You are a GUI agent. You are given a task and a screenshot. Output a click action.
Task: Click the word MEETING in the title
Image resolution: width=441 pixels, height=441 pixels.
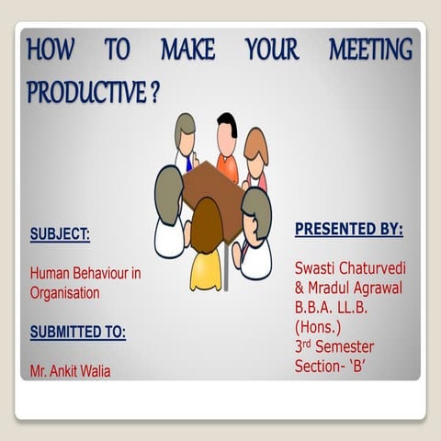(x=370, y=50)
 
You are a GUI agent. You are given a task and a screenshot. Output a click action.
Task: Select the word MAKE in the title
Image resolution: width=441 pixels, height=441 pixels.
(x=187, y=50)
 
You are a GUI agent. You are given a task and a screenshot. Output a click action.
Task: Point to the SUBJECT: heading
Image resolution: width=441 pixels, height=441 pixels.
(x=60, y=233)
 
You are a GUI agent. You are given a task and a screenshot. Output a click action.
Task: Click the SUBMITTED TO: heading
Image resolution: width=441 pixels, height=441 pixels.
(x=77, y=332)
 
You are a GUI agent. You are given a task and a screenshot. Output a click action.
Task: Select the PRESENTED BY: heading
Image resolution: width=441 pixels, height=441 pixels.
(x=348, y=229)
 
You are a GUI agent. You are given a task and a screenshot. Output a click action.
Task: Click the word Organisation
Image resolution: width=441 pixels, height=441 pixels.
(x=64, y=293)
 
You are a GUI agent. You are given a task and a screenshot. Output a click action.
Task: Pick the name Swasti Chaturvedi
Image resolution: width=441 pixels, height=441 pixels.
(x=349, y=267)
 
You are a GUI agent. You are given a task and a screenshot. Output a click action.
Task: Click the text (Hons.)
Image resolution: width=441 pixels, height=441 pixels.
(x=318, y=326)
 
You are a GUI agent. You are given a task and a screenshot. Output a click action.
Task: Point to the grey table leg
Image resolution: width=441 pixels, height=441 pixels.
(x=226, y=266)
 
